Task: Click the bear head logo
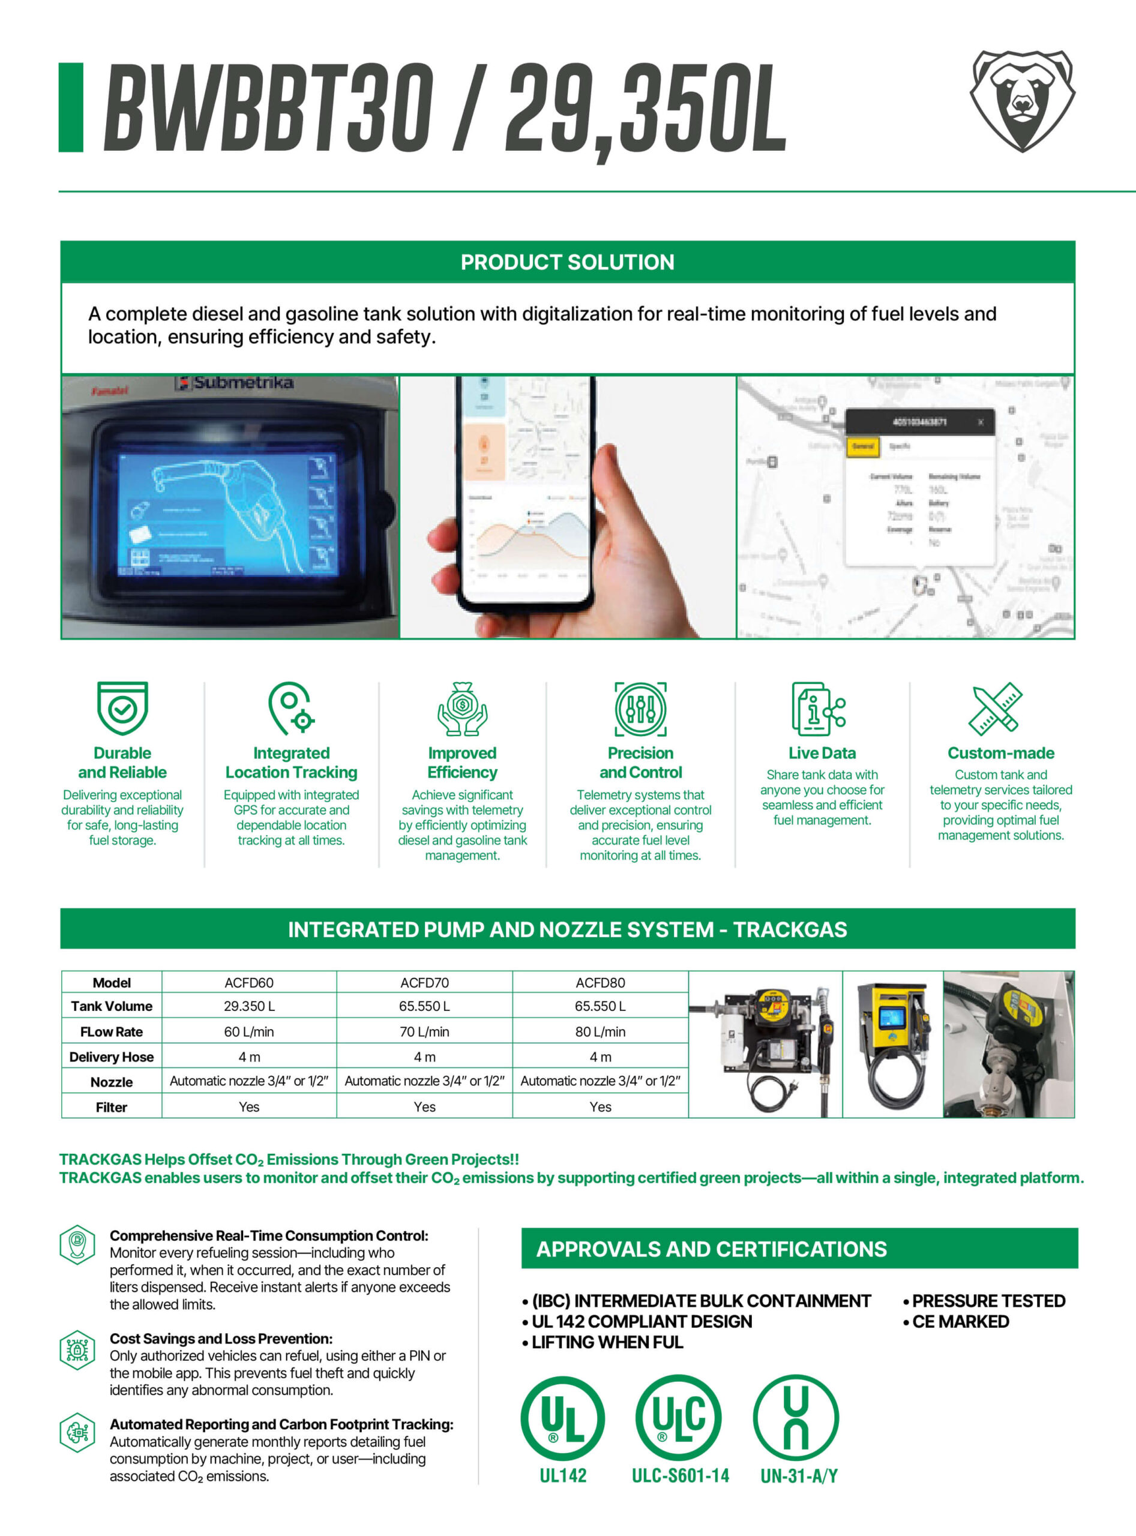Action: point(1022,100)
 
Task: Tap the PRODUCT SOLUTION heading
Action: point(567,262)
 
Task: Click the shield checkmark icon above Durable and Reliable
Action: point(122,707)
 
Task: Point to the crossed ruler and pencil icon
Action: point(995,708)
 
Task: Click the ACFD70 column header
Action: point(424,983)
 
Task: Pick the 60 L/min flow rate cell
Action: point(249,1031)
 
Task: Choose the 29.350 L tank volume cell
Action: point(249,1006)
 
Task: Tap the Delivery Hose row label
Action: point(112,1057)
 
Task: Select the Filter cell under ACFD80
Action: point(600,1107)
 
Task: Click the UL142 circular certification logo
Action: point(562,1418)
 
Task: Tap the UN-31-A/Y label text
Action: point(798,1476)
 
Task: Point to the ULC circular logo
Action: point(679,1418)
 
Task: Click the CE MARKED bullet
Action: point(960,1321)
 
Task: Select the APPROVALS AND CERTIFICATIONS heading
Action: point(712,1249)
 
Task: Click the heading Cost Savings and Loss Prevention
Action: point(221,1339)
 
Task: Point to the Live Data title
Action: point(822,753)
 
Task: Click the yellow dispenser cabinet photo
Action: point(892,1044)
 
